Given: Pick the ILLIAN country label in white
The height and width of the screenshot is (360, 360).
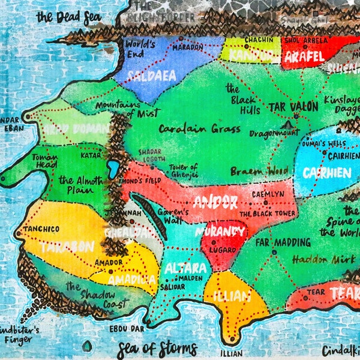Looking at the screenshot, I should [232, 295].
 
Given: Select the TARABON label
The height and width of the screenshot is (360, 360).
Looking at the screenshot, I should [67, 247].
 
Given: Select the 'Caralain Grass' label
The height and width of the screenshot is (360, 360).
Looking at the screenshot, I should [191, 128].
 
